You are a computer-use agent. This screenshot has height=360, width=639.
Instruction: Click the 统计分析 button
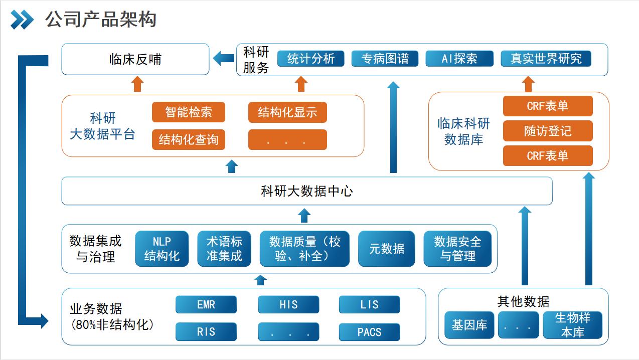tap(310, 59)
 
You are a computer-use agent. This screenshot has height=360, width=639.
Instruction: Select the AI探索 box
tap(459, 59)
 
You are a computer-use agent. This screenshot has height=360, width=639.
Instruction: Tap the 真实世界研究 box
tap(546, 59)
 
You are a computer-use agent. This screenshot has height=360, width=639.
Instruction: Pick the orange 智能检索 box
tap(189, 112)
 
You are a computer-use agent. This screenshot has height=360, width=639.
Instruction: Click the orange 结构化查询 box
tap(189, 139)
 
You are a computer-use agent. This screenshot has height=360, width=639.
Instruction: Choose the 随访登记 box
tap(548, 131)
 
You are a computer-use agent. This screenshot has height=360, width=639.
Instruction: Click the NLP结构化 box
tap(162, 249)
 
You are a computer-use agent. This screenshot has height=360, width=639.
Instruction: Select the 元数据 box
tap(387, 249)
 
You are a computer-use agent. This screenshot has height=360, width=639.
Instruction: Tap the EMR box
tap(206, 305)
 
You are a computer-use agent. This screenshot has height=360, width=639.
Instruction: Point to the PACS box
tap(370, 332)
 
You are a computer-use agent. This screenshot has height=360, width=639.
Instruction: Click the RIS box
tap(206, 332)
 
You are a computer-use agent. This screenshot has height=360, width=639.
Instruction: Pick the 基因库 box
tap(469, 325)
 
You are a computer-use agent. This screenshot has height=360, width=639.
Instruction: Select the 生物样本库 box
tap(572, 325)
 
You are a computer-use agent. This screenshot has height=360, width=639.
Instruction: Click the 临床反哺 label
tap(135, 59)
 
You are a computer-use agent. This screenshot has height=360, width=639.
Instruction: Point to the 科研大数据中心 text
tap(307, 191)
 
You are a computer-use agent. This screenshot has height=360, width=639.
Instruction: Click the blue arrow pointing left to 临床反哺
tap(224, 58)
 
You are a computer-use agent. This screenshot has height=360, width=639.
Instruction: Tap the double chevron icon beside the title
tap(22, 20)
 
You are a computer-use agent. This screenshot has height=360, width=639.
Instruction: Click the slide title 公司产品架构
tap(101, 20)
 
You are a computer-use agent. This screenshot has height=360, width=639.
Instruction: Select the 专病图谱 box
tap(385, 59)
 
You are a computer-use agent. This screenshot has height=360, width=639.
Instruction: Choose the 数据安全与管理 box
tap(457, 249)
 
